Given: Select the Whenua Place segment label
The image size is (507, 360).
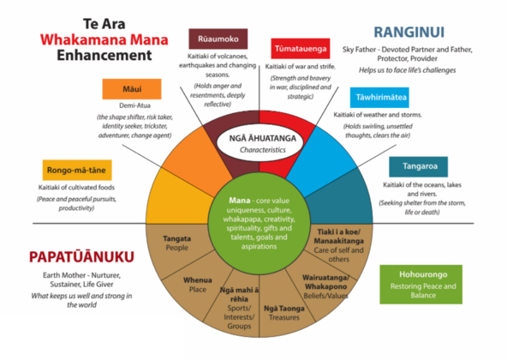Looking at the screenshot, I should click(196, 285).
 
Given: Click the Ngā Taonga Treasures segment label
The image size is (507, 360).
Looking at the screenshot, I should click(283, 312).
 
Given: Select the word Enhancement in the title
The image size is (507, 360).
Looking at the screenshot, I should click(94, 57).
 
